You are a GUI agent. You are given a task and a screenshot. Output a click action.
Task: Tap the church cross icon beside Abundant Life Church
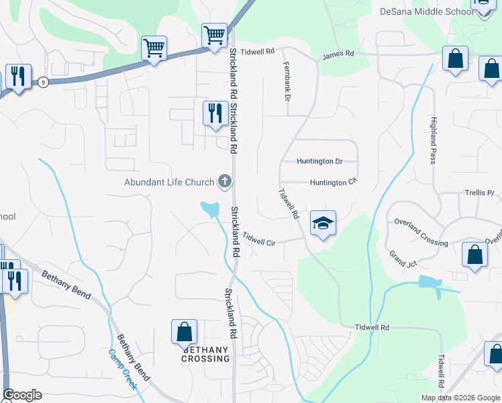(225, 181)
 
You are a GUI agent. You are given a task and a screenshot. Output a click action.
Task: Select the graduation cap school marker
(323, 224)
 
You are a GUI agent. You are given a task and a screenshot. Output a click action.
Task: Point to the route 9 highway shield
(44, 82)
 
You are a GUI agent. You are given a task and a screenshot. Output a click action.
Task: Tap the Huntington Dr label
(319, 161)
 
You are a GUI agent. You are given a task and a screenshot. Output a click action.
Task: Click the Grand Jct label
(403, 259)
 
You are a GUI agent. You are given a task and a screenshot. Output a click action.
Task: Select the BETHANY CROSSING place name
(205, 354)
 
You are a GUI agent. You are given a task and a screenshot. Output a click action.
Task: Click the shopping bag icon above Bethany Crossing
(184, 332)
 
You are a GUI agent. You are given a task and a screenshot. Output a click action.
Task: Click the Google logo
(22, 395)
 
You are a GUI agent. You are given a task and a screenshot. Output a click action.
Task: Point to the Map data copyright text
(460, 398)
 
